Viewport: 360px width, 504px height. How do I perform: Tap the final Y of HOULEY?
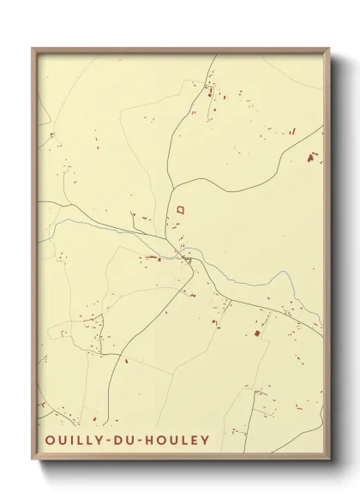[x=206, y=441]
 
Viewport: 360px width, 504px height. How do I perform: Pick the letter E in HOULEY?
[x=195, y=441]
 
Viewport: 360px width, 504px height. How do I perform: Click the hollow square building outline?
[x=180, y=208]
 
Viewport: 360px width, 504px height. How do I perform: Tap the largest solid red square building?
[x=255, y=332]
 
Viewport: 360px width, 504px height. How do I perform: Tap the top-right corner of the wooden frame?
[x=330, y=49]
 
